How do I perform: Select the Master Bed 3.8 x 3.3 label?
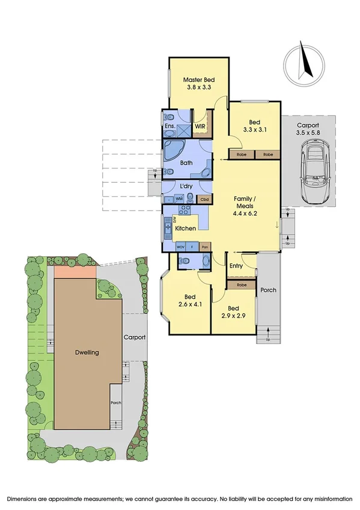point(198,83)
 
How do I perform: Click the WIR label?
point(200,127)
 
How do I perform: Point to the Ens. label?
point(170,127)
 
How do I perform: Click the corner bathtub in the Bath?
point(176,150)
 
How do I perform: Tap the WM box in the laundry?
point(179,199)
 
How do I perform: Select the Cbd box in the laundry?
point(204,199)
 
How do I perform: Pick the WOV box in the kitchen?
point(180,247)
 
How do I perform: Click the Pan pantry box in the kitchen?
point(205,247)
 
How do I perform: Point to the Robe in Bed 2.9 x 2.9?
point(241,284)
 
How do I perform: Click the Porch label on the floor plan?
point(268,290)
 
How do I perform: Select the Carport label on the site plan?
point(135,337)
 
